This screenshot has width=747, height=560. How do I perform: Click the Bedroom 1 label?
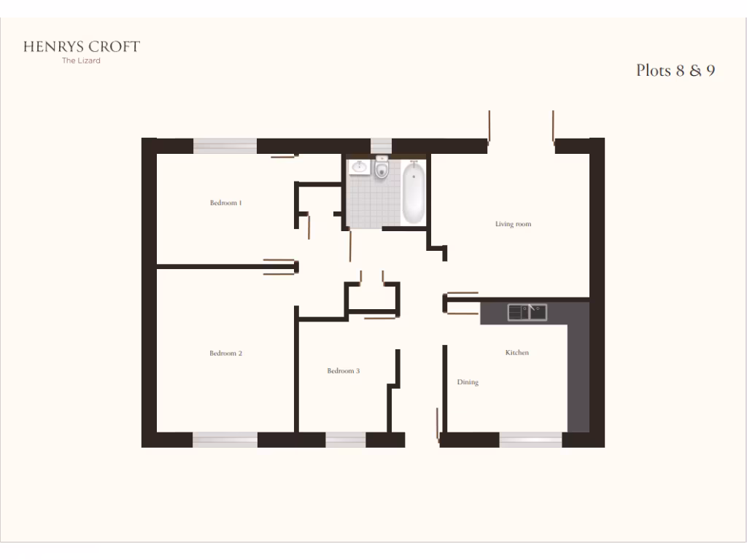coord(225,203)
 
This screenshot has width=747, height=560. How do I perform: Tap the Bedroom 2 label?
coord(225,354)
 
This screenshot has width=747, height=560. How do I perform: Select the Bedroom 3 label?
coord(343,371)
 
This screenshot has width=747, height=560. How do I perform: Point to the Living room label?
coord(513,224)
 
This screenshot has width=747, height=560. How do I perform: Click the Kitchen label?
coord(517,353)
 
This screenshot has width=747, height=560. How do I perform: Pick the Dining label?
coord(468,382)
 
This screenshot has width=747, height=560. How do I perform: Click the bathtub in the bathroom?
coord(413,193)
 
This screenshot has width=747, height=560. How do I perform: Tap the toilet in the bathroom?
coord(382,170)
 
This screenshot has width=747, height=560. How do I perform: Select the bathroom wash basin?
coord(359,168)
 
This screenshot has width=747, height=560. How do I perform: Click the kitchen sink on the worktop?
coord(527,312)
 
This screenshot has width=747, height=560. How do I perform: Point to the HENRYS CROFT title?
coord(81,47)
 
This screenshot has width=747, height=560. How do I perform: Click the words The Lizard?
coord(81,61)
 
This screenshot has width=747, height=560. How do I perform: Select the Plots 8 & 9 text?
coord(675,71)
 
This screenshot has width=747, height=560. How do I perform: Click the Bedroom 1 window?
coord(225,146)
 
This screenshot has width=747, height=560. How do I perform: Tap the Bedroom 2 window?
coord(225,440)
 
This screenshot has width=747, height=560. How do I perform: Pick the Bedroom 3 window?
coord(345,440)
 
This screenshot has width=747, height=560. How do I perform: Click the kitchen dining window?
coord(530,440)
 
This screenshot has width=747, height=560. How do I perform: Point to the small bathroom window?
coord(381,146)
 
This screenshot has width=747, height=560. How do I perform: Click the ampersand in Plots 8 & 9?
coord(695,71)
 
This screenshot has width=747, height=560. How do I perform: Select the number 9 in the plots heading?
coord(710,71)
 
